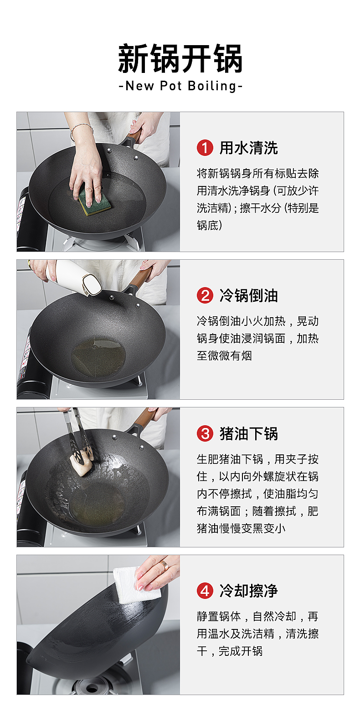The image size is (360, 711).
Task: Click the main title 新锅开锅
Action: (x=180, y=58)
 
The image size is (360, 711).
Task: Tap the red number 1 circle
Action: (x=205, y=148)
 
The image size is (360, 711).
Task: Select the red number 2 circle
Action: (x=205, y=295)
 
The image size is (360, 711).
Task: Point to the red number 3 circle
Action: (x=205, y=433)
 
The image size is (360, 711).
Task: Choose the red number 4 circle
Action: (x=205, y=591)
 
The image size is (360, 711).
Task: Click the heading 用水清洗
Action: (x=248, y=148)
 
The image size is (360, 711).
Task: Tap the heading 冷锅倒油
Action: (x=248, y=295)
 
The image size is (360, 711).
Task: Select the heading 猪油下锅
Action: (x=248, y=433)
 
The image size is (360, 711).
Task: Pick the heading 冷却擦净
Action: (x=248, y=591)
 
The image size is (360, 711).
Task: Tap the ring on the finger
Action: (x=164, y=565)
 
